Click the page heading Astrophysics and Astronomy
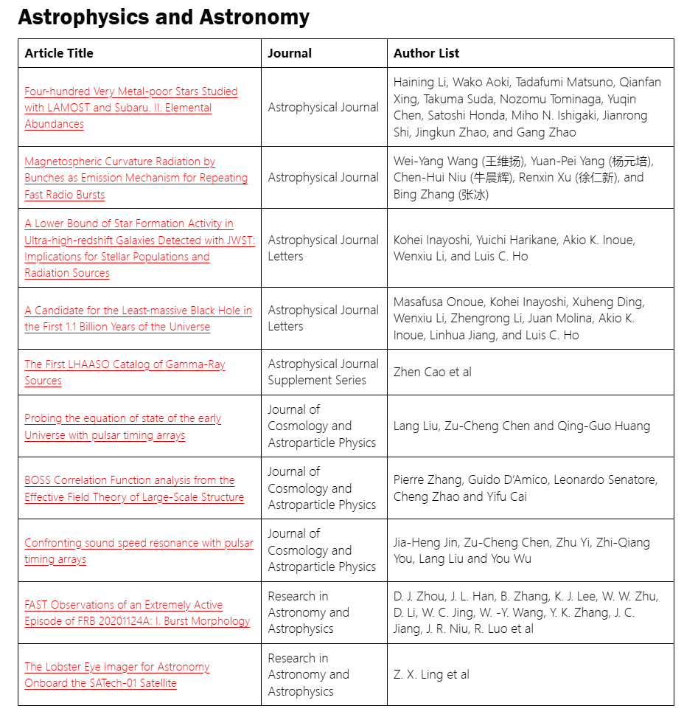(x=164, y=18)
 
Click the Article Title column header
(x=59, y=53)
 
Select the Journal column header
(x=290, y=53)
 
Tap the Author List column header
(x=426, y=53)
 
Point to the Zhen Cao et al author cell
(x=432, y=372)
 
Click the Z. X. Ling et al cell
(x=431, y=674)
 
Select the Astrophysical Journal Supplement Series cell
(x=323, y=372)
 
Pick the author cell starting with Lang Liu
(x=521, y=426)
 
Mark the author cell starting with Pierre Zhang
(x=526, y=488)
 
